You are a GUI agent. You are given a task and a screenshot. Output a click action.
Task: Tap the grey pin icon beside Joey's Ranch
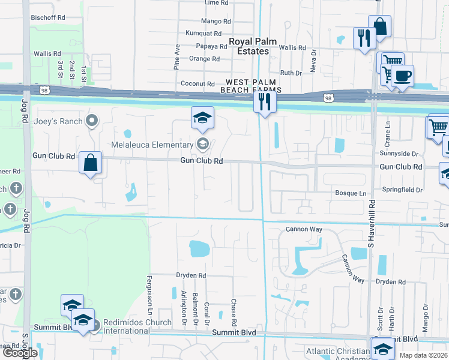coord(92,121)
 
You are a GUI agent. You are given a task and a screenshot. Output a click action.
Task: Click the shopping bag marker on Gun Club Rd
coord(90,163)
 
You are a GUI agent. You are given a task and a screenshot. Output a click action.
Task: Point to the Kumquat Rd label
coord(203,33)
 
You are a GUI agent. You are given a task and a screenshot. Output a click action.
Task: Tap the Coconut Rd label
coord(197,83)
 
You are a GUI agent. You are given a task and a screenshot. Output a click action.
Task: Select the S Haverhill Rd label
coord(370,224)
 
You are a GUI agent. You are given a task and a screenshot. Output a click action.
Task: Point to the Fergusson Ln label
coord(149,295)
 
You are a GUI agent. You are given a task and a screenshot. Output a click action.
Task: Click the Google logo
coord(20,352)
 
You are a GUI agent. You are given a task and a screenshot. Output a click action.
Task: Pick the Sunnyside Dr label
coord(402,154)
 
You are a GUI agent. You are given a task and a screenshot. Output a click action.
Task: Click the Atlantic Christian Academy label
coord(338,355)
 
